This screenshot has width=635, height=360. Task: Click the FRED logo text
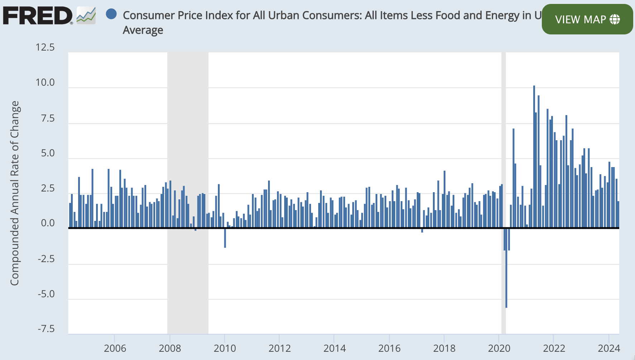pyautogui.click(x=38, y=16)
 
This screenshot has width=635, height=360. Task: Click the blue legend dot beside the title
pyautogui.click(x=111, y=14)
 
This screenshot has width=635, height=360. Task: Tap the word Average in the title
pyautogui.click(x=143, y=30)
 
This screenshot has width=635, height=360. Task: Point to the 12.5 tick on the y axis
pyautogui.click(x=45, y=47)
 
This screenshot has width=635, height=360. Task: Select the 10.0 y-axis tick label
pyautogui.click(x=45, y=82)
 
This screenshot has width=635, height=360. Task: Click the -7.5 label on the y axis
pyautogui.click(x=46, y=329)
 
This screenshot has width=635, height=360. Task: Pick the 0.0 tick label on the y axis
pyautogui.click(x=48, y=223)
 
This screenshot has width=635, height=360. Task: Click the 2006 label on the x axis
pyautogui.click(x=115, y=348)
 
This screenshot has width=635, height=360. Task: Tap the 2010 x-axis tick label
pyautogui.click(x=225, y=348)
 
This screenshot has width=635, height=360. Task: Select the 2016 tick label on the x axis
pyautogui.click(x=389, y=348)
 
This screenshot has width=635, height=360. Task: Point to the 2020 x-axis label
pyautogui.click(x=499, y=348)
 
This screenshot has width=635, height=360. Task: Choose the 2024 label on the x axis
pyautogui.click(x=609, y=348)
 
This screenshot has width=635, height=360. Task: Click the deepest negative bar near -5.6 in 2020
pyautogui.click(x=506, y=273)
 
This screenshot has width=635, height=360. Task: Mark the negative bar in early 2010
pyautogui.click(x=225, y=238)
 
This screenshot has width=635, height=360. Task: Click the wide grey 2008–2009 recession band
pyautogui.click(x=188, y=143)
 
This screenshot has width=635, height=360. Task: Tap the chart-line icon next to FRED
pyautogui.click(x=86, y=16)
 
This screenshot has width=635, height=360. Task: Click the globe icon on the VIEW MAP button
pyautogui.click(x=615, y=19)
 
